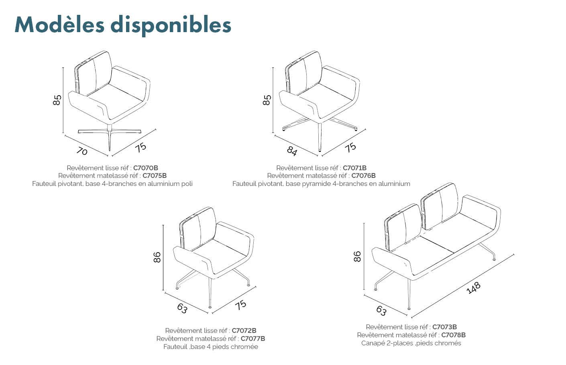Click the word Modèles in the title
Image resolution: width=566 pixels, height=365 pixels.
pos(59,24)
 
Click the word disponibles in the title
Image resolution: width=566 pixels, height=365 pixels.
pos(171,26)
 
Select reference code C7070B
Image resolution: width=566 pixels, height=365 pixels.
pos(146,168)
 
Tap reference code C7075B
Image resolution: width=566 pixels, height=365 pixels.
pos(155,175)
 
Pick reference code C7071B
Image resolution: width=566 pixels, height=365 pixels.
pos(354,168)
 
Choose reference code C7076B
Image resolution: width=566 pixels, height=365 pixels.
pos(363,175)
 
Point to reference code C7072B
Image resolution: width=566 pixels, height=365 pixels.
pos(244,330)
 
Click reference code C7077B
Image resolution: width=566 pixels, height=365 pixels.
pos(252,338)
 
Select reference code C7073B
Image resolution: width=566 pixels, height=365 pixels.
pos(444,327)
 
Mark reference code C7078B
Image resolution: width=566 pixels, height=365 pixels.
pos(453,335)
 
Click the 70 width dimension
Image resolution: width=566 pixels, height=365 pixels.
pos(82,151)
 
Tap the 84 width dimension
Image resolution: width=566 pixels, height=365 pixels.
pos(292,151)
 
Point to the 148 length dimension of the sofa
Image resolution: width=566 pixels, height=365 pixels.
pos(473,288)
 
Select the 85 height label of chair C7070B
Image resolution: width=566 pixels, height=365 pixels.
pos(57,100)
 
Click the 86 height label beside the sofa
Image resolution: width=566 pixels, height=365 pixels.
pos(357,257)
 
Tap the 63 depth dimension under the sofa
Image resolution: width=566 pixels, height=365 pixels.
pos(381,311)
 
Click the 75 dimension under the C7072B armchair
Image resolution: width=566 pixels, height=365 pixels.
pos(240,305)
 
